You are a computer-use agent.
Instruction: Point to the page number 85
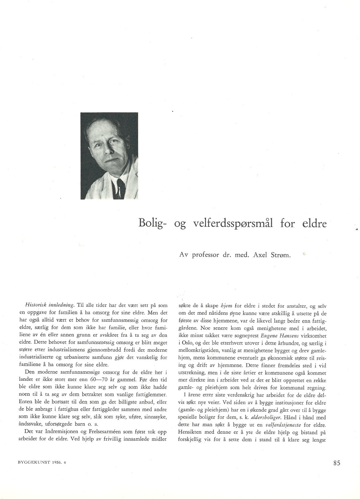pyautogui.click(x=337, y=463)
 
